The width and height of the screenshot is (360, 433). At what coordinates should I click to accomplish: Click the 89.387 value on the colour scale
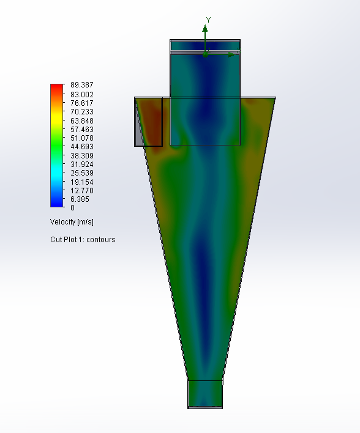point(81,85)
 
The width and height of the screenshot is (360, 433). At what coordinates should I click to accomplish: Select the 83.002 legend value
point(81,94)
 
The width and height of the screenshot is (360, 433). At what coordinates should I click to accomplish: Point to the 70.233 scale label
point(81,112)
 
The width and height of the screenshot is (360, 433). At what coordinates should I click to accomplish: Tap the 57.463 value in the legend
point(81,130)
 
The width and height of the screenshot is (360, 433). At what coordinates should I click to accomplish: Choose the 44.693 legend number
point(81,147)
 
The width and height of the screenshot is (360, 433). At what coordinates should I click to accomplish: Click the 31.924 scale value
point(81,165)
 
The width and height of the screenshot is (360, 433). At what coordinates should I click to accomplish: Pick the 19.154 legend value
point(81,182)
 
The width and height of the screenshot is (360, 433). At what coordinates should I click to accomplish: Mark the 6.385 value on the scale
point(80,199)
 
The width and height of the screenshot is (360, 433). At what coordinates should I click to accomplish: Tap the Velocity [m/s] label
point(72,221)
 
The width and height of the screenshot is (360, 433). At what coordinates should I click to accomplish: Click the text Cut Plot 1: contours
point(83,240)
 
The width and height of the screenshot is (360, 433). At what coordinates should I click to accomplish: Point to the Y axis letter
point(208,20)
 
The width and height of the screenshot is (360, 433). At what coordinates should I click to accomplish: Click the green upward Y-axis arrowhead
point(205,28)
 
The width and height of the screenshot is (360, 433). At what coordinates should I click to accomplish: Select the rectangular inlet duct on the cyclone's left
point(148,121)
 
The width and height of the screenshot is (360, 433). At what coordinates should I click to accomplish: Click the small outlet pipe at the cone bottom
point(204,394)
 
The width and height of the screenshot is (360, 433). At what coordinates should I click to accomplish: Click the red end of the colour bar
point(56,87)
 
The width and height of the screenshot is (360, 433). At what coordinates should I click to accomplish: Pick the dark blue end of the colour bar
point(56,204)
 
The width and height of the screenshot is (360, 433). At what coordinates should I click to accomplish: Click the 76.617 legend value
point(81,103)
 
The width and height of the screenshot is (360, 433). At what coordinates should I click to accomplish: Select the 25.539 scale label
point(81,173)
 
